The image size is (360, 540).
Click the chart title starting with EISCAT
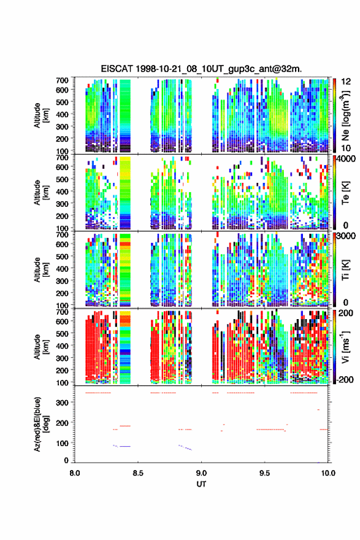[201, 69]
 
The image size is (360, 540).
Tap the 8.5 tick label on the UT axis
[137, 473]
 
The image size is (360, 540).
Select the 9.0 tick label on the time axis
[201, 473]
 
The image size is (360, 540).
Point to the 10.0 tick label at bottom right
[328, 473]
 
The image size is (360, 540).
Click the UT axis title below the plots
[201, 484]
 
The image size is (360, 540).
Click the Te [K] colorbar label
[345, 193]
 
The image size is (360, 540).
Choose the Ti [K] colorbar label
[345, 270]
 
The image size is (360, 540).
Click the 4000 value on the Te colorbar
[348, 159]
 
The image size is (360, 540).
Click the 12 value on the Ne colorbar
[346, 82]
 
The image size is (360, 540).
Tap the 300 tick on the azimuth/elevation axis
[63, 403]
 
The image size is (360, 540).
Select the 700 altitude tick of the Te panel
[63, 157]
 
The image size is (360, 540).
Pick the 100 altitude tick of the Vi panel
[63, 382]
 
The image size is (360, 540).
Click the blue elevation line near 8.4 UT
[125, 446]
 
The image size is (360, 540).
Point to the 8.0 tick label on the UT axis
[75, 473]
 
